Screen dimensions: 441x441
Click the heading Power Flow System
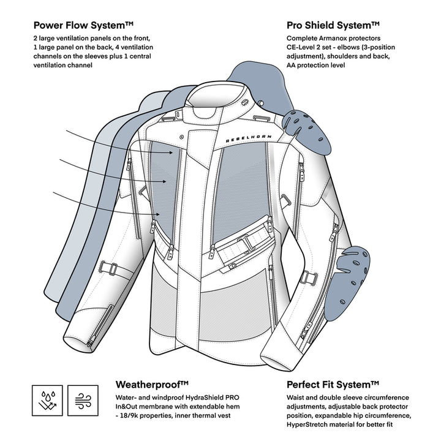(83, 26)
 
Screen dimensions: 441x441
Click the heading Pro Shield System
(333, 26)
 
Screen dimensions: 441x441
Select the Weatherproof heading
(152, 385)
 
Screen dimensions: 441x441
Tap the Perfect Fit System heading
(333, 385)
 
